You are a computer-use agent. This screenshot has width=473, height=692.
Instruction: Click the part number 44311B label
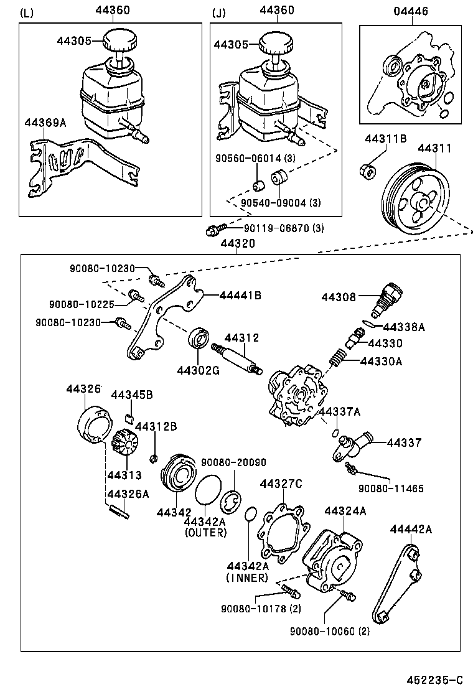(385, 138)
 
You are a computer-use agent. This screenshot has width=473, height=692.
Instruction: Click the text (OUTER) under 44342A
(205, 533)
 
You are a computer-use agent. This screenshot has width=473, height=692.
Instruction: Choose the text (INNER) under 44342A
(246, 578)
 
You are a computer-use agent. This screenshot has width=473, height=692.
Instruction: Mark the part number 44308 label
(339, 297)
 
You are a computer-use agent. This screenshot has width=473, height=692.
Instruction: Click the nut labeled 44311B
(367, 170)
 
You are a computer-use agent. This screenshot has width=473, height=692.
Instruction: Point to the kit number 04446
(411, 11)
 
